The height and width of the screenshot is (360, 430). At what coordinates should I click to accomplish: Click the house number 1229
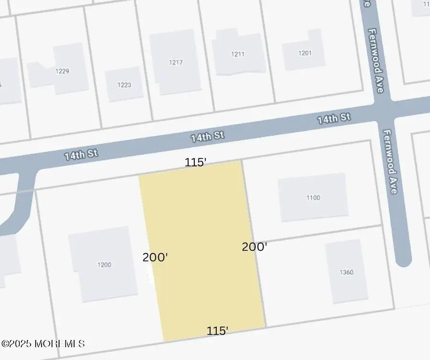coord(62,71)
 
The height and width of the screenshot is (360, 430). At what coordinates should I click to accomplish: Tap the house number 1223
coord(124,85)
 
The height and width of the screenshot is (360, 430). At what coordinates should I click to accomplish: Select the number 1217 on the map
coord(176,62)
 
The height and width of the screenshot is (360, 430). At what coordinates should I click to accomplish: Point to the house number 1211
coord(237,54)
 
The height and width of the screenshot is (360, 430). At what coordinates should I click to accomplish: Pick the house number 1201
coord(305,53)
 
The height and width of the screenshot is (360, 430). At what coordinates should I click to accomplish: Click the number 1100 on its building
coord(313,198)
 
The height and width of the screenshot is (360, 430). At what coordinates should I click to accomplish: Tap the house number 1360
coord(346,272)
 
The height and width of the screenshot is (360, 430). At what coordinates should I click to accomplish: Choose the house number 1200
coord(104,265)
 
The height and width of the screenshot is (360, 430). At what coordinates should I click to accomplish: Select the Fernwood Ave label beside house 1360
coord(390,162)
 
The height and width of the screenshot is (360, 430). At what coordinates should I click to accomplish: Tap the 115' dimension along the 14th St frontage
coord(196,162)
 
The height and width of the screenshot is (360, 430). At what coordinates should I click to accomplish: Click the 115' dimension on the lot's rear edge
coord(217,330)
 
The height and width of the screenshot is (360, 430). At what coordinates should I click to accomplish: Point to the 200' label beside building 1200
coord(155,257)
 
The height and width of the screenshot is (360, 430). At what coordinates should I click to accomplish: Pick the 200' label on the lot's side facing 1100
coord(254,247)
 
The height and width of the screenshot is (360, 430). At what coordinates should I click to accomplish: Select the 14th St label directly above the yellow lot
coord(207,137)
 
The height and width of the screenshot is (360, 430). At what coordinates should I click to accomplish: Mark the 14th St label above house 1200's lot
coord(81,154)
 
